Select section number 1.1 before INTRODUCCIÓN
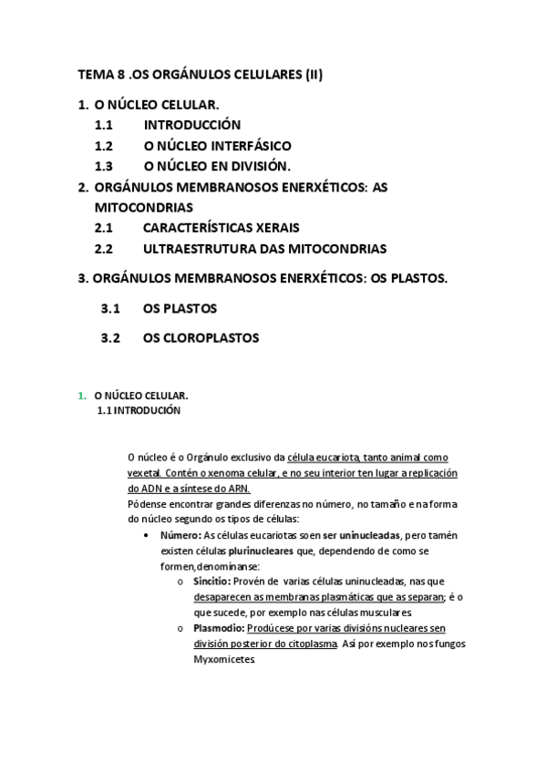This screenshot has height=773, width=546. point(104,125)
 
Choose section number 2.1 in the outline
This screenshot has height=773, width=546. point(104,228)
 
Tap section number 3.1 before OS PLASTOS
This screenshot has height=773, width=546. point(110,308)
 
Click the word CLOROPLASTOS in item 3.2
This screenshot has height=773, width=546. point(212,338)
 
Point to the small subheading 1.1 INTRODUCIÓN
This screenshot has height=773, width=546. point(139,411)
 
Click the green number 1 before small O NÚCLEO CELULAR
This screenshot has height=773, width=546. point(81,397)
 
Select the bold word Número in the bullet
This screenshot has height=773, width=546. point(180,535)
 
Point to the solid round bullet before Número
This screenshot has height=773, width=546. point(147,535)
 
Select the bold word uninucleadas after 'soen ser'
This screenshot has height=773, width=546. point(369,535)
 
